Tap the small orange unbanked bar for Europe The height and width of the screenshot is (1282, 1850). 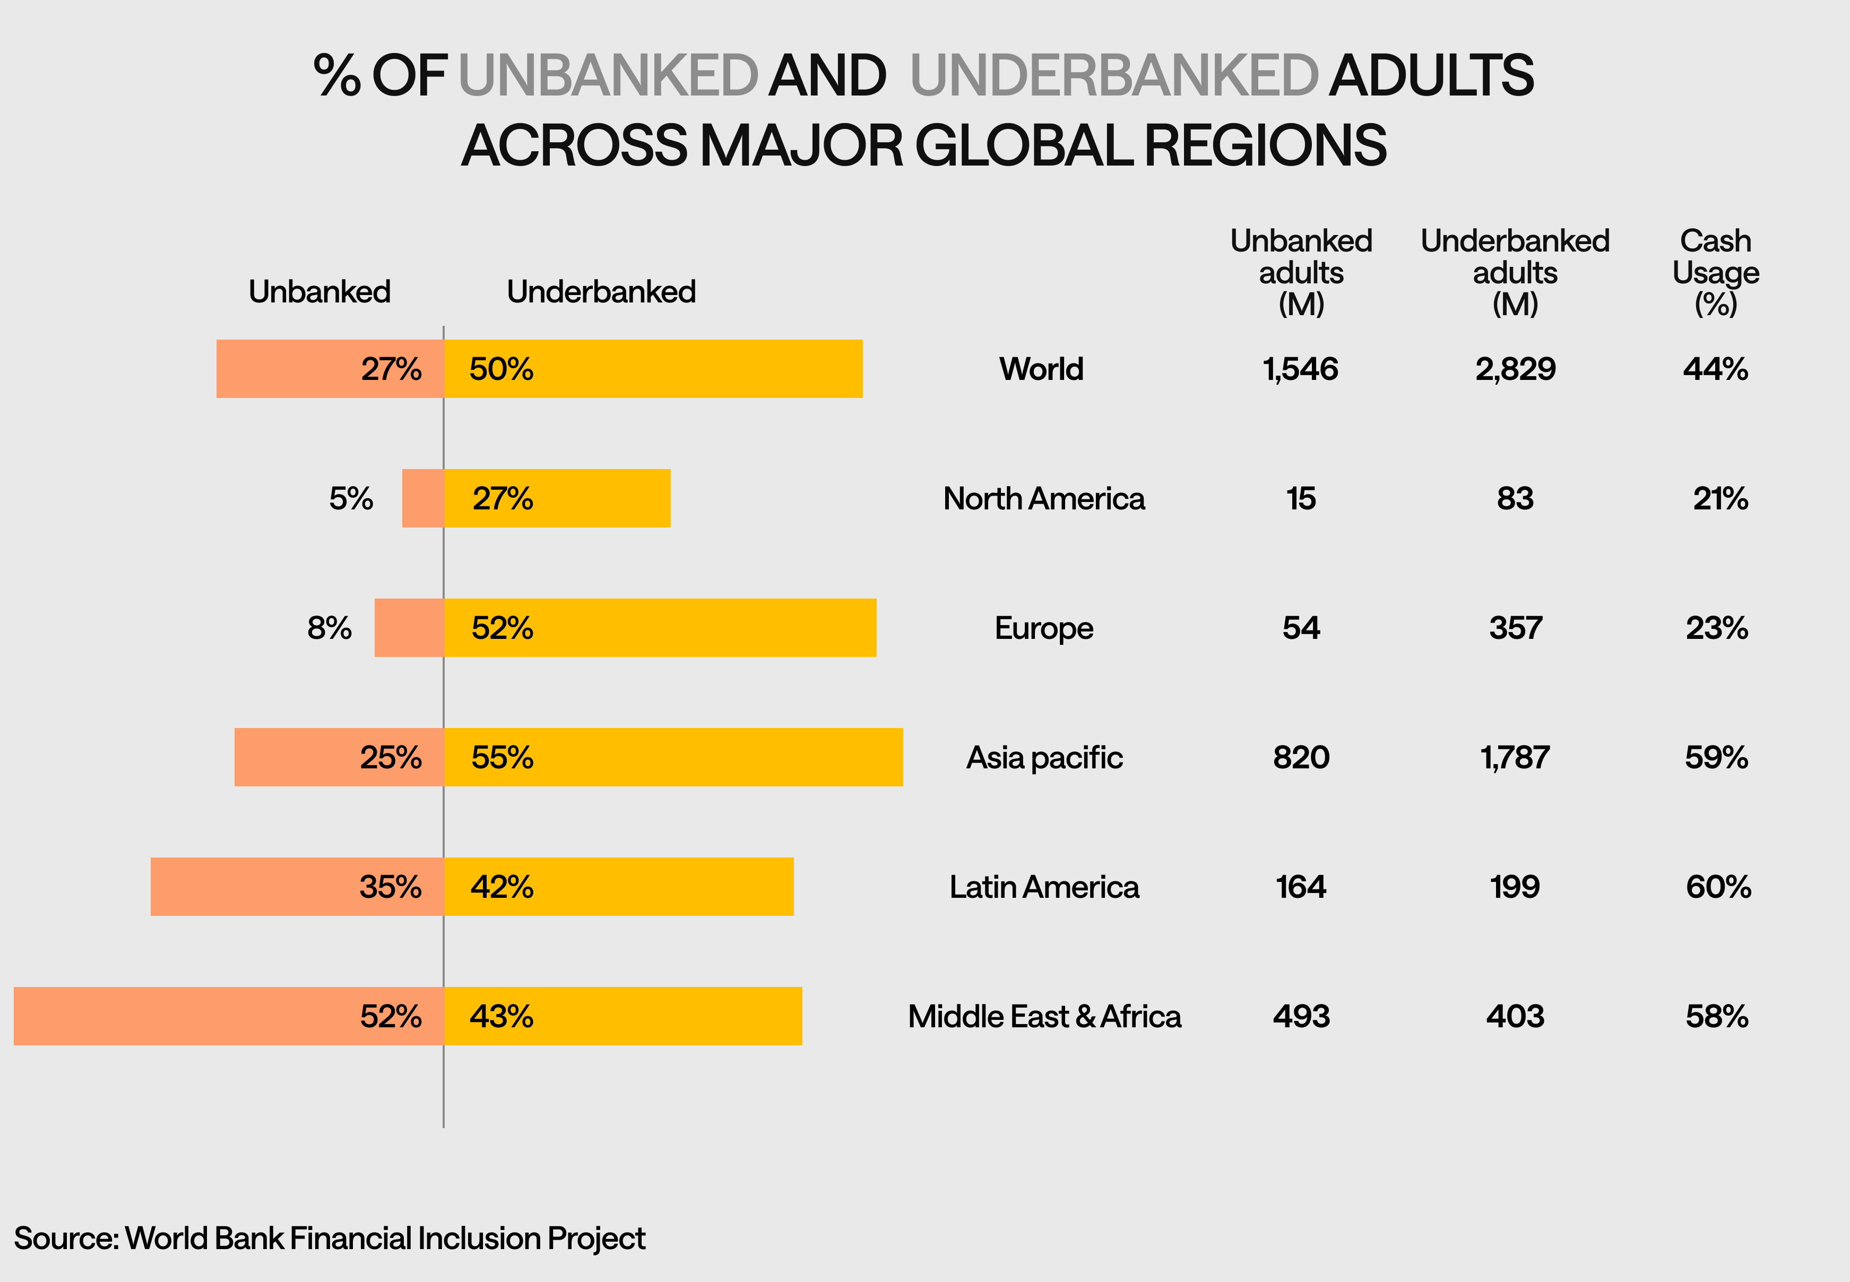point(409,627)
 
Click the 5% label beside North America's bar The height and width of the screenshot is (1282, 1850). point(351,499)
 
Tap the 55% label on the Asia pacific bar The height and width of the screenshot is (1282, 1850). point(502,757)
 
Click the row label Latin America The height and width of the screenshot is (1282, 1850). point(1043,887)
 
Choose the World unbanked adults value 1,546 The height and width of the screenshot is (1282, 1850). point(1301,369)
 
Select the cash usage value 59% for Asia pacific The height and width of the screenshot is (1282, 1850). point(1716,757)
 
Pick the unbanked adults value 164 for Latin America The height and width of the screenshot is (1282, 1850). point(1301,887)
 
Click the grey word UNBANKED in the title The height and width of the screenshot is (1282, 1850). point(608,75)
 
